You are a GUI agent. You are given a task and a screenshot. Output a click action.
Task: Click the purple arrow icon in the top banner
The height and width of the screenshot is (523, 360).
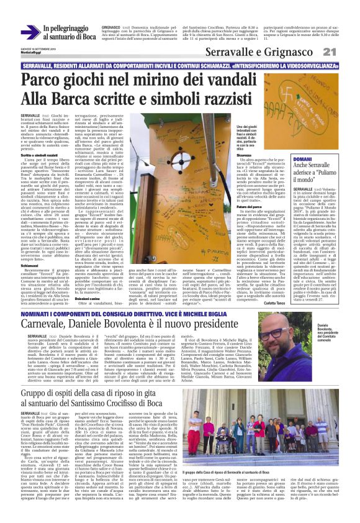click(x=30, y=32)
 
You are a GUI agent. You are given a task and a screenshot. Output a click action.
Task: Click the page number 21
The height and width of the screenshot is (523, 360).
click(x=346, y=52)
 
